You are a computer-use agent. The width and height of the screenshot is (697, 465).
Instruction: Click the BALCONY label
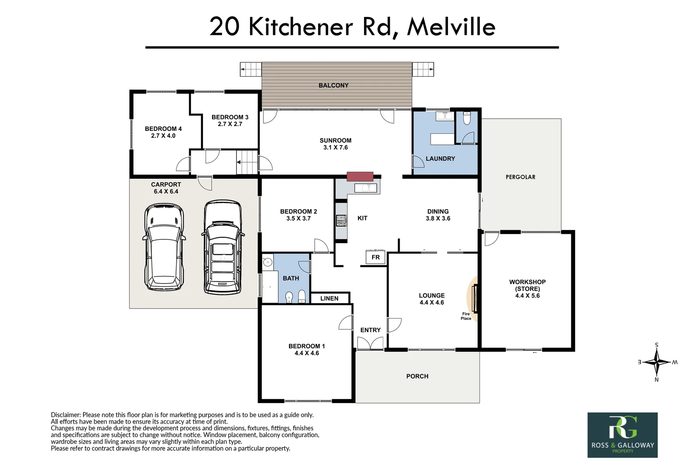coord(333,85)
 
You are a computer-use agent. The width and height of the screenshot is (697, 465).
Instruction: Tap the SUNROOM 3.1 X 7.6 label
coord(335,144)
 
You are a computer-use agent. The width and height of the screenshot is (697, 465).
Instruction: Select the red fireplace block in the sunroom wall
coord(360,177)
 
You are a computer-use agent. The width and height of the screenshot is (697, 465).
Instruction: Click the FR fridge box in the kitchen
coord(376,257)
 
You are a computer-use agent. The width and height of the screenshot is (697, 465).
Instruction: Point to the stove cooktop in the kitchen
coord(341,220)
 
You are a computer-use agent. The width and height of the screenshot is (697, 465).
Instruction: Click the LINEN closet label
coord(329,298)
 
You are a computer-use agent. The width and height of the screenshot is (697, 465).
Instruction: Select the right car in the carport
coord(222,248)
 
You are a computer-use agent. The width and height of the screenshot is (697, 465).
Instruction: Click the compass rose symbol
coord(657,362)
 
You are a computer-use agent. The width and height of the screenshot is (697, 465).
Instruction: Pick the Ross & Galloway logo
coord(622,435)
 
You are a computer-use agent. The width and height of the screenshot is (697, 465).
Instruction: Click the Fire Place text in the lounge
coord(466,316)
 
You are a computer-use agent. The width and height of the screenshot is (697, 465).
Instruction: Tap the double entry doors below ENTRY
coord(370,343)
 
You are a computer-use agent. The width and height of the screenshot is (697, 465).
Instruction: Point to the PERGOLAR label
coord(520,177)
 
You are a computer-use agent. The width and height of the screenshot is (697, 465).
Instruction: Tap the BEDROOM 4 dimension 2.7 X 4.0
coord(163,136)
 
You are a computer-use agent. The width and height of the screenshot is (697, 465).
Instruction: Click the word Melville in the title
coord(451,27)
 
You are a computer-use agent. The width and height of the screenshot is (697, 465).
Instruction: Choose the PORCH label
coord(417,376)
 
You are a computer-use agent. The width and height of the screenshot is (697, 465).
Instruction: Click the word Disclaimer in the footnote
coord(65,415)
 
